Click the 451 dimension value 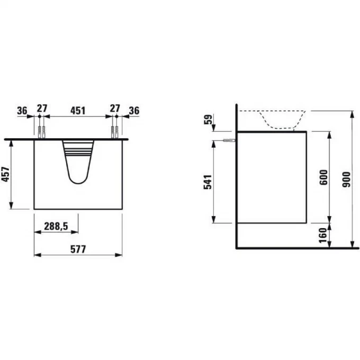point(78,111)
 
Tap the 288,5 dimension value point(56,226)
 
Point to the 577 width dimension point(78,249)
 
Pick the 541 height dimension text point(208,182)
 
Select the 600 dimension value point(324,177)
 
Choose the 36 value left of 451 point(22,111)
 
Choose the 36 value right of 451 point(133,111)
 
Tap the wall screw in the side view point(229,140)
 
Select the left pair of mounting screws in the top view point(41,131)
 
